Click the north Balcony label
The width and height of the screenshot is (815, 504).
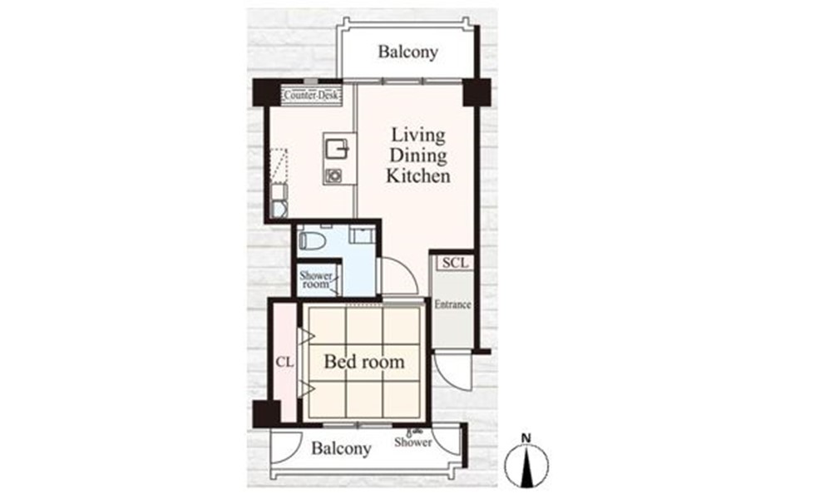pyautogui.click(x=407, y=52)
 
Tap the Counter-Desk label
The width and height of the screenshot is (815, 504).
pyautogui.click(x=311, y=96)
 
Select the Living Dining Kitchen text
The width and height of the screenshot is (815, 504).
pyautogui.click(x=417, y=156)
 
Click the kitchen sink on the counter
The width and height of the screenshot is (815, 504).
pyautogui.click(x=336, y=149)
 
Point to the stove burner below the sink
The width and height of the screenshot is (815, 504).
pyautogui.click(x=333, y=175)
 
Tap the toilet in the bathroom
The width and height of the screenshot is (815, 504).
pyautogui.click(x=312, y=240)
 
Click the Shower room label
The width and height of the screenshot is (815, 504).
pyautogui.click(x=315, y=279)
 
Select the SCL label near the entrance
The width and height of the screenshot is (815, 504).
pyautogui.click(x=455, y=263)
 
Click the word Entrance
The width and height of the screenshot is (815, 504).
pyautogui.click(x=452, y=304)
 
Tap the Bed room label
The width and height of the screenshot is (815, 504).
pyautogui.click(x=364, y=362)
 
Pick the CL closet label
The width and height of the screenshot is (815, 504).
pyautogui.click(x=284, y=362)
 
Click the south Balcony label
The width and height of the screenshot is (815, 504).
pyautogui.click(x=342, y=448)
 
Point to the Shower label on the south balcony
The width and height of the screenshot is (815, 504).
pyautogui.click(x=412, y=442)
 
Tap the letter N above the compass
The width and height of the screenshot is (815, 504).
pyautogui.click(x=526, y=438)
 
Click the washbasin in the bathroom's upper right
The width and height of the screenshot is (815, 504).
pyautogui.click(x=362, y=235)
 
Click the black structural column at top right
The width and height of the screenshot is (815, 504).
pyautogui.click(x=477, y=92)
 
